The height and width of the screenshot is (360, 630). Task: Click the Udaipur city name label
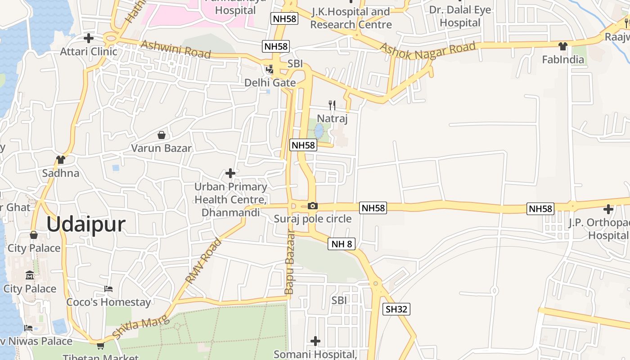(x=85, y=224)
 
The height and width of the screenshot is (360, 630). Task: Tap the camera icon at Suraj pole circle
(x=312, y=206)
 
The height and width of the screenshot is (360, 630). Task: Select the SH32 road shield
(x=396, y=309)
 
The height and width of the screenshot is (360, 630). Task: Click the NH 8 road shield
(x=342, y=244)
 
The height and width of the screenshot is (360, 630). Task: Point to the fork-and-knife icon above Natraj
(x=332, y=105)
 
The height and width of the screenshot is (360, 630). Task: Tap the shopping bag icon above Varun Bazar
(x=161, y=135)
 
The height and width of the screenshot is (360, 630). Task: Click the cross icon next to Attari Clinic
(x=89, y=38)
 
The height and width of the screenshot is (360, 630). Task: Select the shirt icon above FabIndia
(x=562, y=46)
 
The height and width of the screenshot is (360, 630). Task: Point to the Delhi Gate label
(x=270, y=83)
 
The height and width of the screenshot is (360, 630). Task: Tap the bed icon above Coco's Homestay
(x=108, y=288)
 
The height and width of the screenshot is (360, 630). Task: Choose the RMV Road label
(x=204, y=261)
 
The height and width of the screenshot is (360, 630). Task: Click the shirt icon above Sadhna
(x=61, y=159)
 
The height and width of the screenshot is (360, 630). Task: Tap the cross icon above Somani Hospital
(x=315, y=341)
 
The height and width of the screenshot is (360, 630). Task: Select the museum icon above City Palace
(x=30, y=275)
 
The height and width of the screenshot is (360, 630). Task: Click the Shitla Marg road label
(x=140, y=328)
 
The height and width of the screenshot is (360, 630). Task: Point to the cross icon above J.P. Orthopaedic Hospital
(x=608, y=209)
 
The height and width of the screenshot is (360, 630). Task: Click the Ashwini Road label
(x=175, y=49)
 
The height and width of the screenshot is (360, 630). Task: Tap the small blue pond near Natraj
(x=319, y=131)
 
